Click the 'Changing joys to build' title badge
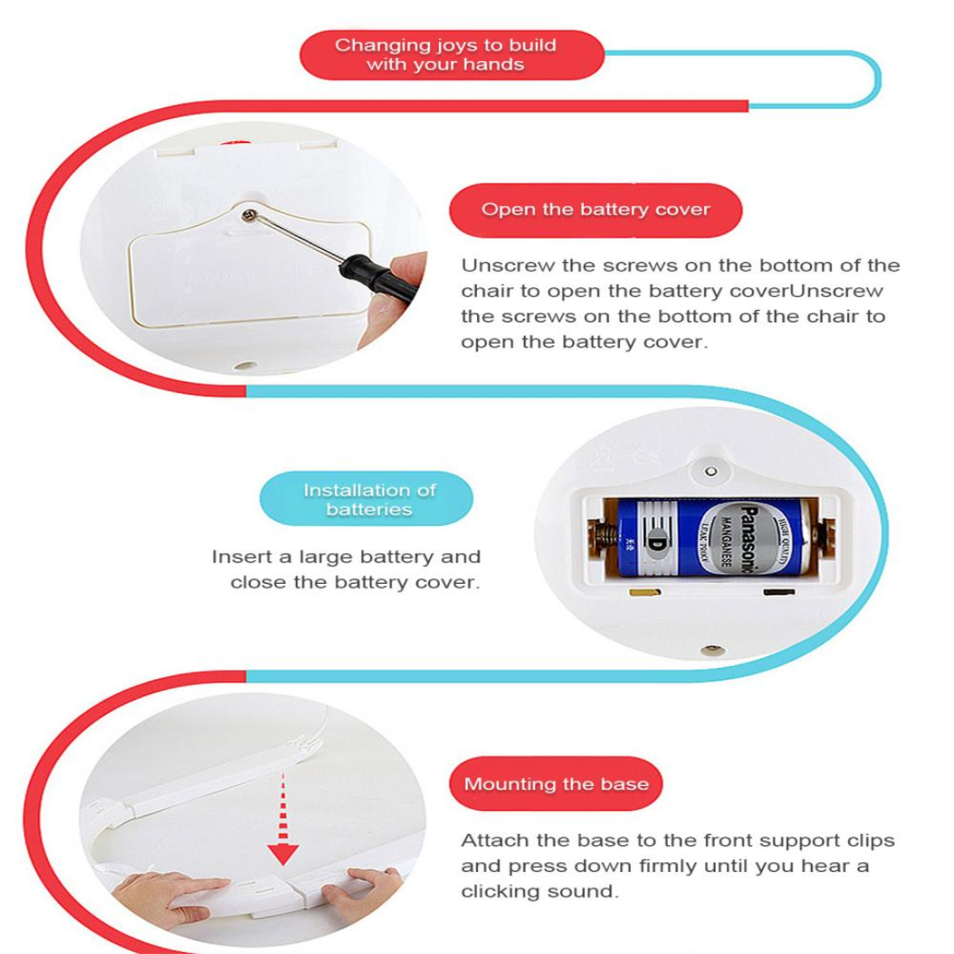[451, 55]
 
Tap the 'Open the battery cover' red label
[595, 210]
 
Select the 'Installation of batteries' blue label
[367, 499]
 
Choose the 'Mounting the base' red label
[556, 784]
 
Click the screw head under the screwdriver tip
[249, 215]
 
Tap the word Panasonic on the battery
[750, 539]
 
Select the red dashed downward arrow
[283, 819]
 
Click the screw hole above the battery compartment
[710, 472]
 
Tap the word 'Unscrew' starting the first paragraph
[507, 266]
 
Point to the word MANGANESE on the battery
[725, 541]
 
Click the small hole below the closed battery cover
[246, 367]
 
